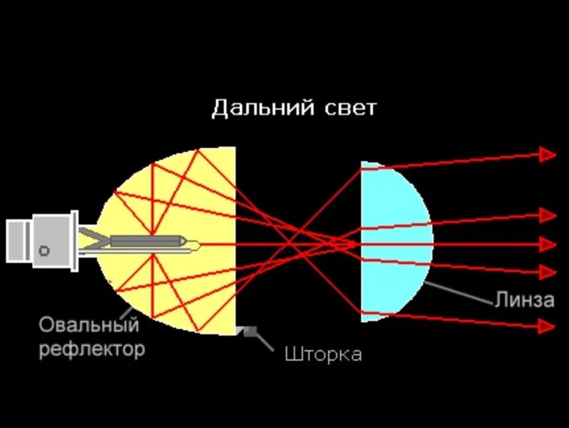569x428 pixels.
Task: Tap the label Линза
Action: (524, 300)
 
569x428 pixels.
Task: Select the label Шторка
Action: (323, 354)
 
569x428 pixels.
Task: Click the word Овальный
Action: (89, 325)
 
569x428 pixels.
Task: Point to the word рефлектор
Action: (92, 348)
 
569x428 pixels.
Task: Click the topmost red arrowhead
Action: (547, 154)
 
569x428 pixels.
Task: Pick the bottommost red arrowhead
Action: (547, 326)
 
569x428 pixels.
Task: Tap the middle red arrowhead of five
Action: (547, 244)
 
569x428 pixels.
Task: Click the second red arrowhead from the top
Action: (547, 215)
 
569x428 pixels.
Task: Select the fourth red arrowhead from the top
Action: (547, 271)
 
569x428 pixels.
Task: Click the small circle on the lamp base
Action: (44, 250)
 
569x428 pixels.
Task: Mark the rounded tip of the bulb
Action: (197, 245)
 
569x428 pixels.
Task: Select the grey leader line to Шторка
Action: (265, 340)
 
